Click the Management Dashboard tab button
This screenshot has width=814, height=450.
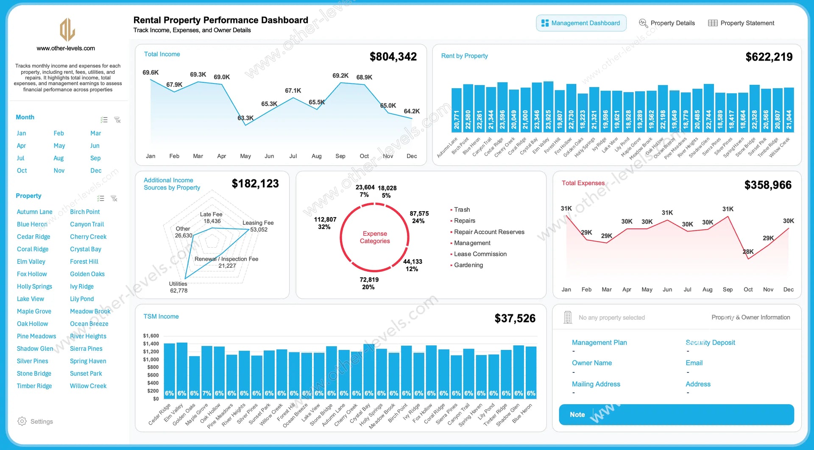581,23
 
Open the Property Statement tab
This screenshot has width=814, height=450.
742,23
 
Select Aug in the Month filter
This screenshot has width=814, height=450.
59,158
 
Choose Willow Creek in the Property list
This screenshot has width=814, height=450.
88,386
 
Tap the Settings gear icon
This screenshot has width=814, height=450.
22,421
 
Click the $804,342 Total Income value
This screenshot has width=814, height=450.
393,57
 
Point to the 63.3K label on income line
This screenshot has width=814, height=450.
245,118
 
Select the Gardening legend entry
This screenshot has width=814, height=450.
468,265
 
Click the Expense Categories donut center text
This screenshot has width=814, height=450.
375,238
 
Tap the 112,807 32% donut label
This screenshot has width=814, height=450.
325,223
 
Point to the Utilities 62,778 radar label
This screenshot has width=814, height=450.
178,287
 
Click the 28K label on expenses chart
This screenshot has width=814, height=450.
748,252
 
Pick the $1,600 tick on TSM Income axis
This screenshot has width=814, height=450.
151,335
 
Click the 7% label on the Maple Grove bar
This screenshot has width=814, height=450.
206,393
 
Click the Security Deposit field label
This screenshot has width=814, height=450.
710,342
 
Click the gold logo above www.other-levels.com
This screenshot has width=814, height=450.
67,30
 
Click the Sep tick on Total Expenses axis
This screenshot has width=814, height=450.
728,290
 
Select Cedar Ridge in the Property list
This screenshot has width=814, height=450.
33,237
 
